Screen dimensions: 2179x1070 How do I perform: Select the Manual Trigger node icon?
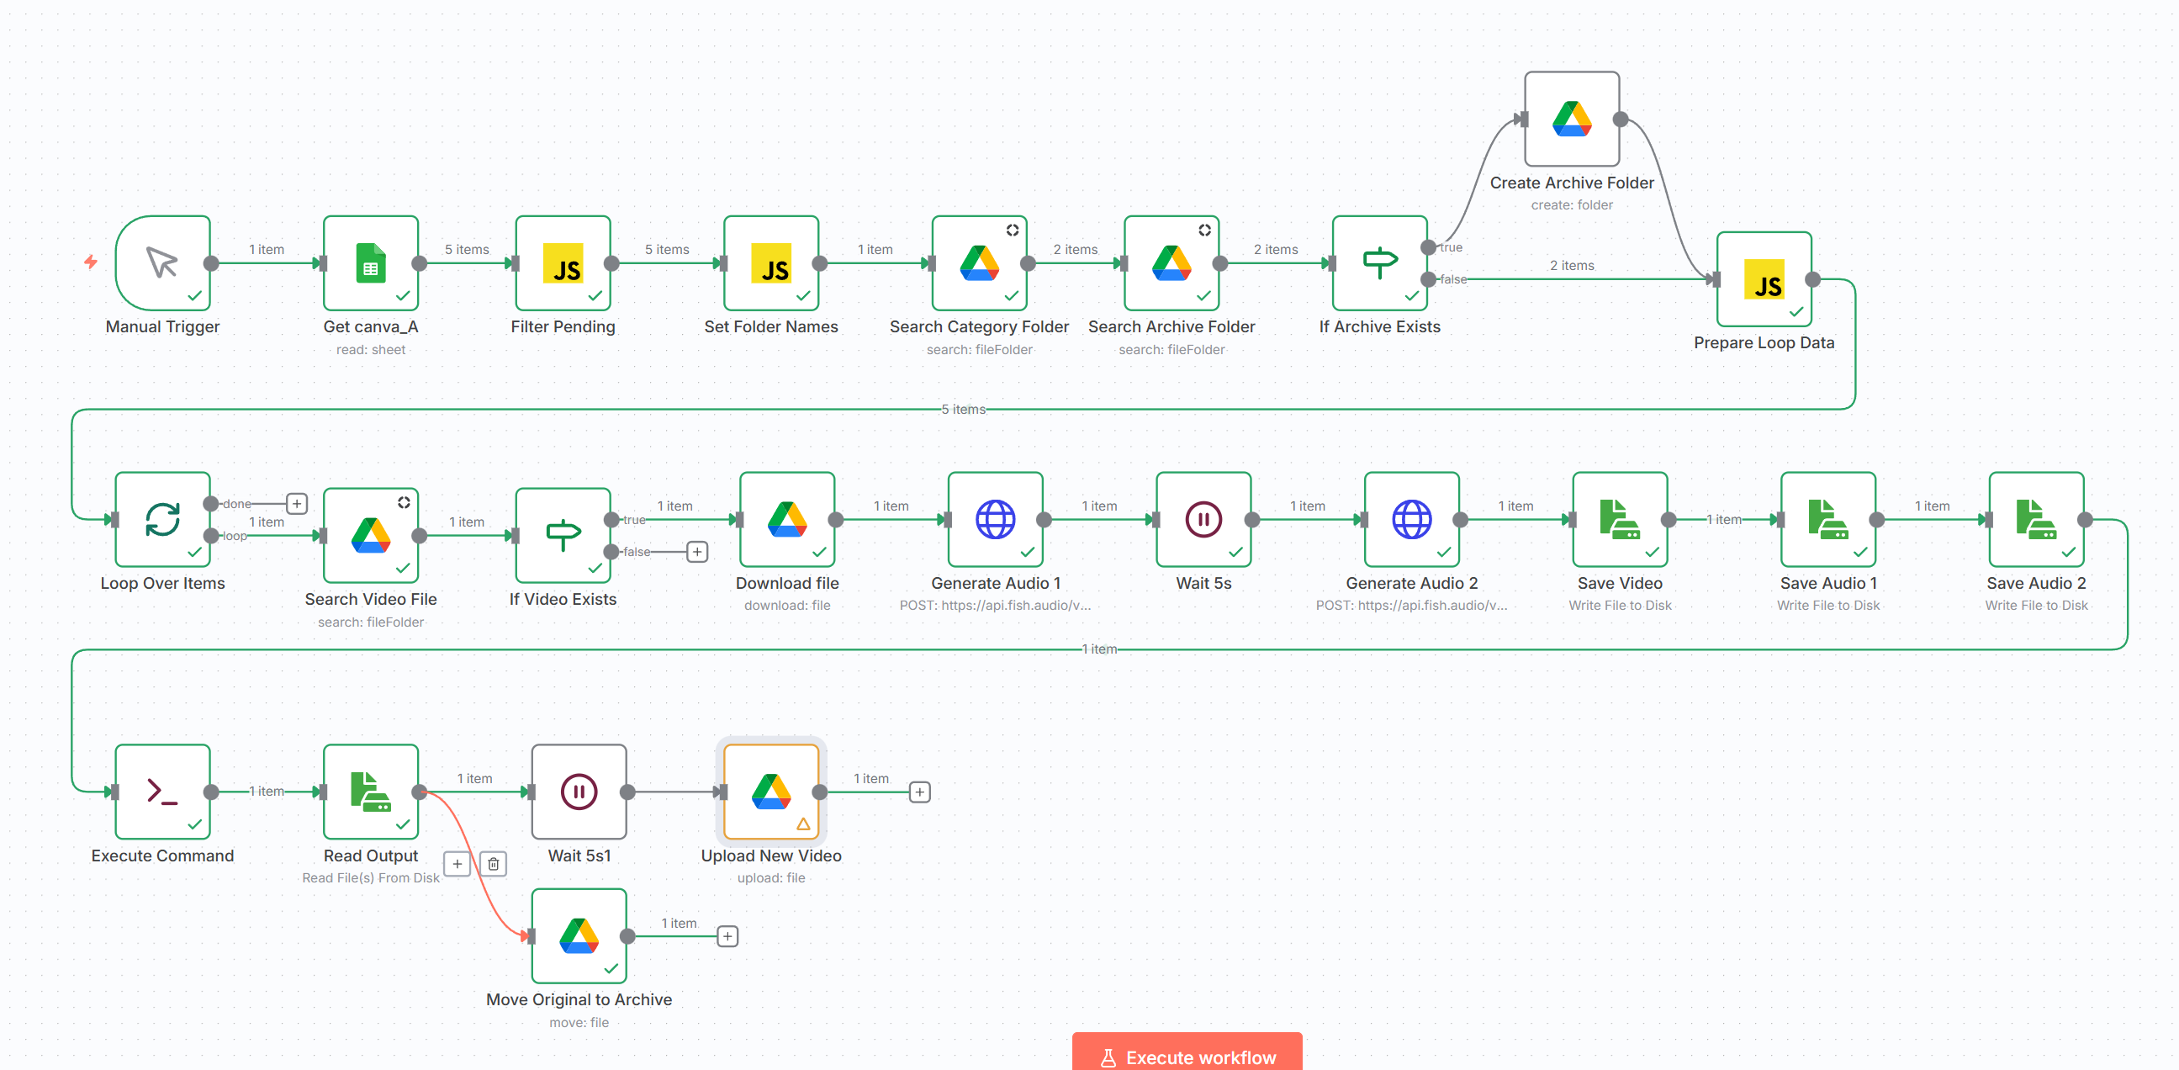(x=162, y=263)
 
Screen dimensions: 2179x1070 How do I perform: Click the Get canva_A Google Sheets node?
(x=371, y=263)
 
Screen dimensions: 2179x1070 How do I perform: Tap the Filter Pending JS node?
(x=563, y=263)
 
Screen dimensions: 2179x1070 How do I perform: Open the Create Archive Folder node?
(x=1572, y=119)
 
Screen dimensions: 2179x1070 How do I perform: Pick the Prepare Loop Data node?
(x=1764, y=279)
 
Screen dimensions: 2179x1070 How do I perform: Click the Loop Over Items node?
(x=162, y=519)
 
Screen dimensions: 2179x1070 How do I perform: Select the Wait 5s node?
(x=1203, y=519)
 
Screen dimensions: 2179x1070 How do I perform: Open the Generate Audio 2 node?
(x=1412, y=519)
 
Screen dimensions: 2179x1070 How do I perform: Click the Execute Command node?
(x=162, y=792)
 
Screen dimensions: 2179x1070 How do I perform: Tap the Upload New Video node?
(x=771, y=792)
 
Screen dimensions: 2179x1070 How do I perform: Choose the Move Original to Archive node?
(x=579, y=935)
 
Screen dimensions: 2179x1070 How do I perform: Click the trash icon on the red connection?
(x=493, y=864)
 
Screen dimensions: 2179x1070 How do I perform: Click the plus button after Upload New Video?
(x=919, y=792)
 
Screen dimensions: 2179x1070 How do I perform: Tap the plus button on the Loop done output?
(x=297, y=503)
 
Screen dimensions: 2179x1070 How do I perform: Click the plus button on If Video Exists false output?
(x=697, y=552)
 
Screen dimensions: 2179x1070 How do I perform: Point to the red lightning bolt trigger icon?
(x=91, y=262)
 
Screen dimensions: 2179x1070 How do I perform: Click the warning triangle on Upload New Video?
(x=803, y=824)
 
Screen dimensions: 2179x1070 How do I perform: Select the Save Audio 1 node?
(x=1829, y=519)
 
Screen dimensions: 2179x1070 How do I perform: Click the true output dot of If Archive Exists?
(x=1428, y=247)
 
